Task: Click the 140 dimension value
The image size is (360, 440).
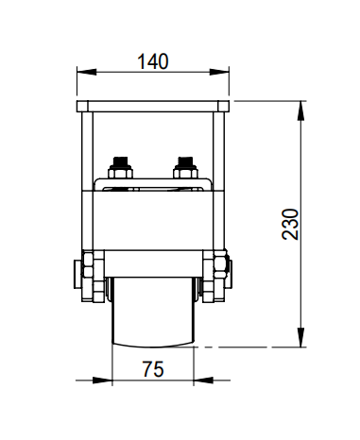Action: (x=153, y=61)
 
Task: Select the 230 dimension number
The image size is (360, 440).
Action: (x=290, y=224)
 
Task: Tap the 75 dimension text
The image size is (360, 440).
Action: (x=153, y=369)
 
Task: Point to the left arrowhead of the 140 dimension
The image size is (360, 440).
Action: (x=87, y=72)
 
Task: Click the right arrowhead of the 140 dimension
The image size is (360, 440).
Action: (x=219, y=72)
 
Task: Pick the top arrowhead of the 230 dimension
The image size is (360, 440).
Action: (x=301, y=110)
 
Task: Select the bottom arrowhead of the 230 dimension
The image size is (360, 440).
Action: (x=301, y=337)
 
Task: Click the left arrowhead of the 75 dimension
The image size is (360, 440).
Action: (x=103, y=381)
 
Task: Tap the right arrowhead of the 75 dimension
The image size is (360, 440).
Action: (x=203, y=381)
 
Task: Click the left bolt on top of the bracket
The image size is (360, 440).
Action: (x=120, y=168)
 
